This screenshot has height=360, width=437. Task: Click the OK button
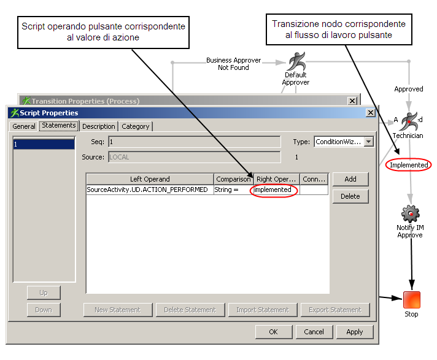273,332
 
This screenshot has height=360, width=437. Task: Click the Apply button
354,332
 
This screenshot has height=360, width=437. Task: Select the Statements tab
59,126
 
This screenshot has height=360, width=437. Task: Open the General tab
24,126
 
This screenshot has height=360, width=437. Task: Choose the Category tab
135,126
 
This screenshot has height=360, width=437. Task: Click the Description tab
98,126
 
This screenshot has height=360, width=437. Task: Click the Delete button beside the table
350,196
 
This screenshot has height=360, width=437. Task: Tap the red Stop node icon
411,300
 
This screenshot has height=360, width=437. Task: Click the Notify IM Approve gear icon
410,213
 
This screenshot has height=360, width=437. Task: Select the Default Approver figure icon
296,61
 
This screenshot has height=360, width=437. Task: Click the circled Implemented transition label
409,165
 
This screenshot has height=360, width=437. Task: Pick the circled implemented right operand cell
274,190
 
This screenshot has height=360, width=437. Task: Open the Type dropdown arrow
368,142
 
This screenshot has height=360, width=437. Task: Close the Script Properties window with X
370,113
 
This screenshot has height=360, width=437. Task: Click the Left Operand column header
150,179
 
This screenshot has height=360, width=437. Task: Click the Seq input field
194,142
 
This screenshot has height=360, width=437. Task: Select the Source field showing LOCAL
194,157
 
